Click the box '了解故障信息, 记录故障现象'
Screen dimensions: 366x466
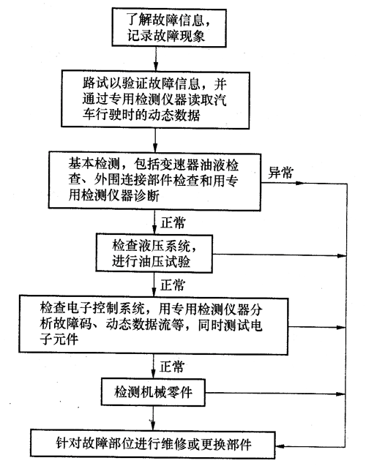[x=169, y=28]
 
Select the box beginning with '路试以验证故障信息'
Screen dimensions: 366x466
[x=155, y=99]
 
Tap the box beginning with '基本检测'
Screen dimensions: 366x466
[x=154, y=181]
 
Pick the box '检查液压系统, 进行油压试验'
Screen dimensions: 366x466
[x=154, y=254]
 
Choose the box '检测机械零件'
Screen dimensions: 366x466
[x=153, y=392]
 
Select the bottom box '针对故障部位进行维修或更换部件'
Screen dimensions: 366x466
[x=153, y=443]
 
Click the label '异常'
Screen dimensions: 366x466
[x=280, y=173]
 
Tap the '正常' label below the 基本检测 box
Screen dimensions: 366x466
[x=173, y=222]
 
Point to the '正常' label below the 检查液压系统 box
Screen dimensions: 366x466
[x=173, y=285]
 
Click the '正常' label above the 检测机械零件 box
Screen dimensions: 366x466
[x=172, y=367]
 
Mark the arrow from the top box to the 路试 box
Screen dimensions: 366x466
[x=155, y=59]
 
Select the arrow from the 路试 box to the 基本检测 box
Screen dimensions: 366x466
[x=155, y=140]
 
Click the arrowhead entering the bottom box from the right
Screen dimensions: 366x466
[x=280, y=446]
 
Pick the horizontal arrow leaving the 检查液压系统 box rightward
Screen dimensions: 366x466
[x=280, y=255]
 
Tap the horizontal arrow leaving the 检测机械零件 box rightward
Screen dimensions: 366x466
[x=276, y=394]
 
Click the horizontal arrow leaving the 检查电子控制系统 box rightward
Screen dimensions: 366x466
[x=317, y=327]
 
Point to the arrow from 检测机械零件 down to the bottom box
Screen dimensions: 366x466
[x=153, y=418]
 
